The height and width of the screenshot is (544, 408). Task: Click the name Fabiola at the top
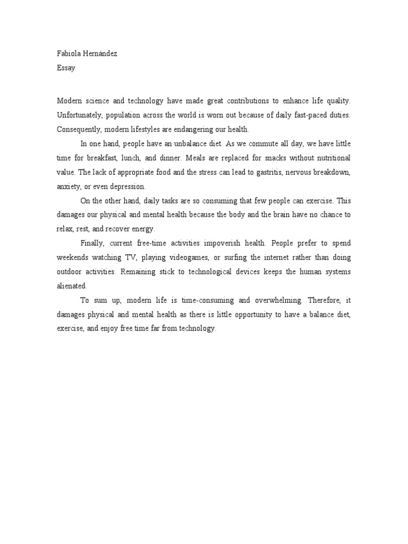68,54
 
